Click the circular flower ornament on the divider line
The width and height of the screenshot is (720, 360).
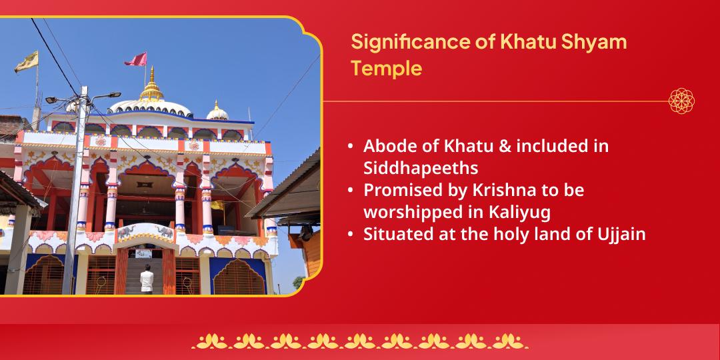click(681, 101)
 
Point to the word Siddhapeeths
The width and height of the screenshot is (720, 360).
click(421, 166)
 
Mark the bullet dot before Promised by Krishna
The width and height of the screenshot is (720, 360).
click(351, 191)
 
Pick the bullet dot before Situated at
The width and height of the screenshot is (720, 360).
click(351, 235)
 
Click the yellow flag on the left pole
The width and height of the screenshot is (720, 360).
click(27, 62)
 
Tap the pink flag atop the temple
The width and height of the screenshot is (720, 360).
click(137, 59)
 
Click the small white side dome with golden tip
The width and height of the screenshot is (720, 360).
click(217, 112)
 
